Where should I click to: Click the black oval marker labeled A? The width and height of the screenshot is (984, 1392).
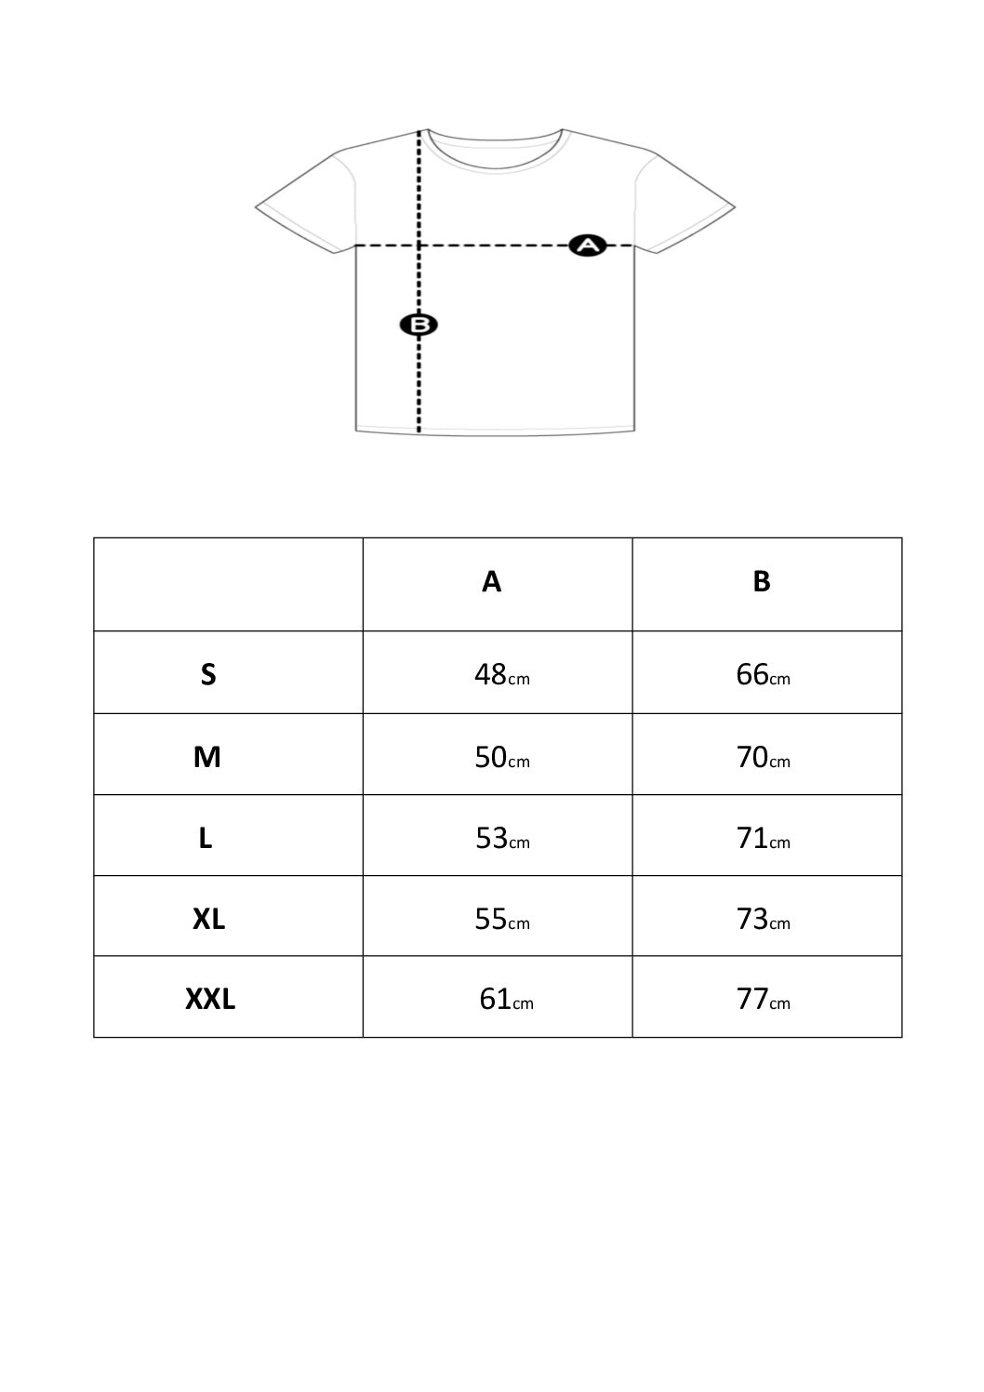point(588,245)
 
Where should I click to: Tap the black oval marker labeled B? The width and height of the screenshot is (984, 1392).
point(419,325)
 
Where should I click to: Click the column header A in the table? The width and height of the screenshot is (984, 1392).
point(491,582)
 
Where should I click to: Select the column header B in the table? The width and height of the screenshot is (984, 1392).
point(762,582)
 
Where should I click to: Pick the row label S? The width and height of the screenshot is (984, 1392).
point(208,674)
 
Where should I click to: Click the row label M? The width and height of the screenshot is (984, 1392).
point(207,757)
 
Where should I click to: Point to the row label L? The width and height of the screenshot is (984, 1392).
point(206,838)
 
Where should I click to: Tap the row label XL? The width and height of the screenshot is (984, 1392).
point(209,919)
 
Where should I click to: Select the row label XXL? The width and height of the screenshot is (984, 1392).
point(210,1000)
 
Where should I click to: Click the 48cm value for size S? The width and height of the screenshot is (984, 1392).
point(502,674)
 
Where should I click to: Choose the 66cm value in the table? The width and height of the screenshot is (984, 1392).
point(763,674)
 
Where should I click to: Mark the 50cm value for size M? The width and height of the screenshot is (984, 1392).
point(502,757)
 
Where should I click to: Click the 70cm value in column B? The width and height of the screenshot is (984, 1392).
point(763,757)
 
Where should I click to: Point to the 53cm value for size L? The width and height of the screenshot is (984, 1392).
point(503,838)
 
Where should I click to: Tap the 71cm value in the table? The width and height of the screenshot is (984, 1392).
point(763,838)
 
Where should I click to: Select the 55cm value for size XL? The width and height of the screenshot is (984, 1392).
point(502,919)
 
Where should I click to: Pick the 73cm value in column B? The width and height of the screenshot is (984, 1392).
point(763,919)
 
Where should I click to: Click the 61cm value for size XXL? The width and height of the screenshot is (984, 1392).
point(506,1000)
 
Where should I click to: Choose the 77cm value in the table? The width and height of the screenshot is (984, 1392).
point(763,1000)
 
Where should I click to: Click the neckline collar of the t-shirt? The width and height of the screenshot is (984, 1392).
point(496,169)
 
